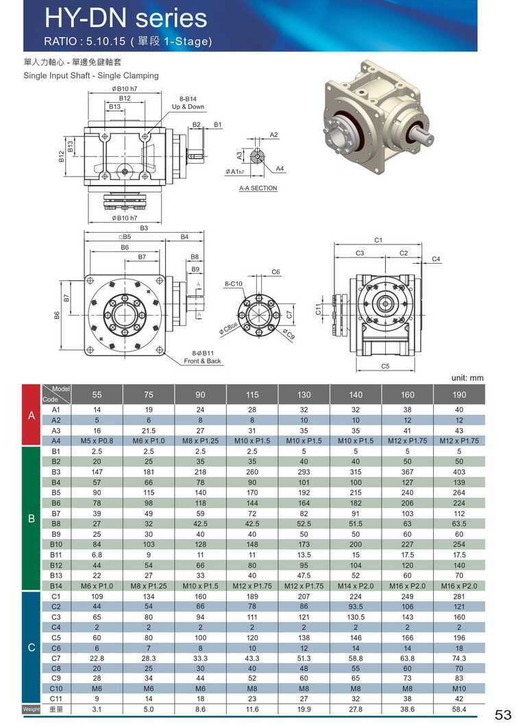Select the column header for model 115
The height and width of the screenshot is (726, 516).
click(252, 395)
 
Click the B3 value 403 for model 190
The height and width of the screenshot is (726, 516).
click(459, 471)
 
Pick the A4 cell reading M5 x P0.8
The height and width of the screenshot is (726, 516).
click(97, 440)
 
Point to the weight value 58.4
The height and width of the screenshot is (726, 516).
click(459, 710)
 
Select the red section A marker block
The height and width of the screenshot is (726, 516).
click(32, 416)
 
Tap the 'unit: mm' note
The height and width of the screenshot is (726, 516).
click(467, 377)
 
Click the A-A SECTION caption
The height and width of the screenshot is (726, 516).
click(258, 188)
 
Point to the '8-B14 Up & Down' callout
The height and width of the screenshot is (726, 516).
click(188, 103)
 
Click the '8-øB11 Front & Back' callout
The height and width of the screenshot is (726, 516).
click(202, 357)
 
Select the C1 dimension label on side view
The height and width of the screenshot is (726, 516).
click(378, 240)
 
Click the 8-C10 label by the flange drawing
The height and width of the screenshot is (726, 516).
click(234, 283)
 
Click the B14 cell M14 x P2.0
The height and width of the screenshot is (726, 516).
click(356, 586)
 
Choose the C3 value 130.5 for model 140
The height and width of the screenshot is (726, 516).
click(356, 616)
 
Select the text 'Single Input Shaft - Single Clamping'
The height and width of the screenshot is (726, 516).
click(91, 75)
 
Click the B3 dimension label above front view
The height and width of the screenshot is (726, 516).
click(144, 228)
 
